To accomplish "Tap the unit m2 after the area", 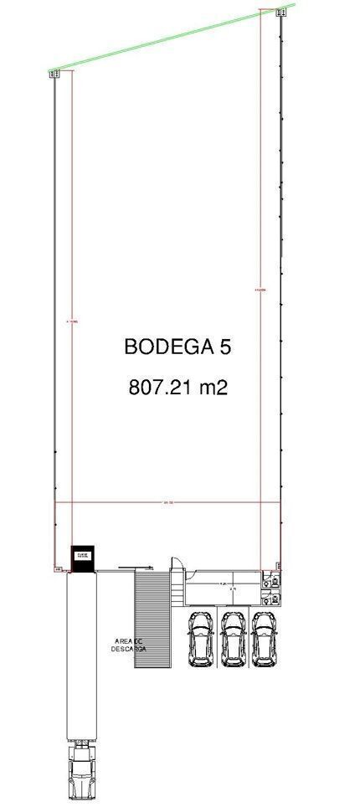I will coord(212,388).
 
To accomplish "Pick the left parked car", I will coord(201,639).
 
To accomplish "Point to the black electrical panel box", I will coord(82,555).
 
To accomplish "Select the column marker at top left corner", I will coord(55,74).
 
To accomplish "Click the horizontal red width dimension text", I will coord(168,503).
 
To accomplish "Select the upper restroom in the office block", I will coord(266,578).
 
